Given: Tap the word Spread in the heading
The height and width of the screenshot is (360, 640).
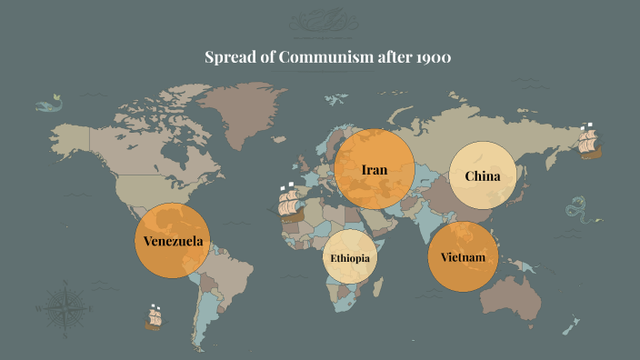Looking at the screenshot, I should coord(230,59).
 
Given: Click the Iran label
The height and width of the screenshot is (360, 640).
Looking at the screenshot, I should coord(375,170).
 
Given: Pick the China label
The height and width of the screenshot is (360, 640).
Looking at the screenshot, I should coord(483,175).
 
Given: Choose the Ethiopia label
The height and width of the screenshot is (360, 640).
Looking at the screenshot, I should coord(350,257).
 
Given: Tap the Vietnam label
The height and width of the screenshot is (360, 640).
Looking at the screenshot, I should coord(464,257).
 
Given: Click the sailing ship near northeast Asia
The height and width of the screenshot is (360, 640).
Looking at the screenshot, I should coord(590,141).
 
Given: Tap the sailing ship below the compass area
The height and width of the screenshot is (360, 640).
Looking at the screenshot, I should coord(155,316).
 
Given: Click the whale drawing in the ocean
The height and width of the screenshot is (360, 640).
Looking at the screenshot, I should coord(47,105).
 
